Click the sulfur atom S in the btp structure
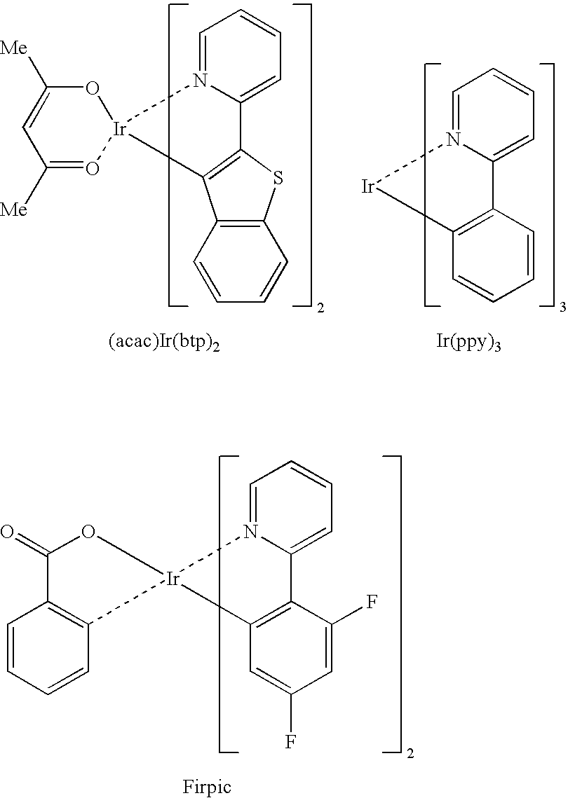[278, 178]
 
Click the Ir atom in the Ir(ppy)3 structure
[368, 187]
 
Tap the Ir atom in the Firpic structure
[173, 579]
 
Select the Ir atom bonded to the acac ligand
[119, 130]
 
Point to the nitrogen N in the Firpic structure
[249, 532]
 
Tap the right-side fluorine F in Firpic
[372, 603]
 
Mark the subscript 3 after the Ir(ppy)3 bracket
[562, 308]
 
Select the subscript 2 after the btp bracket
[320, 308]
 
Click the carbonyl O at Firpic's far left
[7, 533]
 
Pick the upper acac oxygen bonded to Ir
[92, 89]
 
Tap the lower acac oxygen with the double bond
[92, 168]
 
